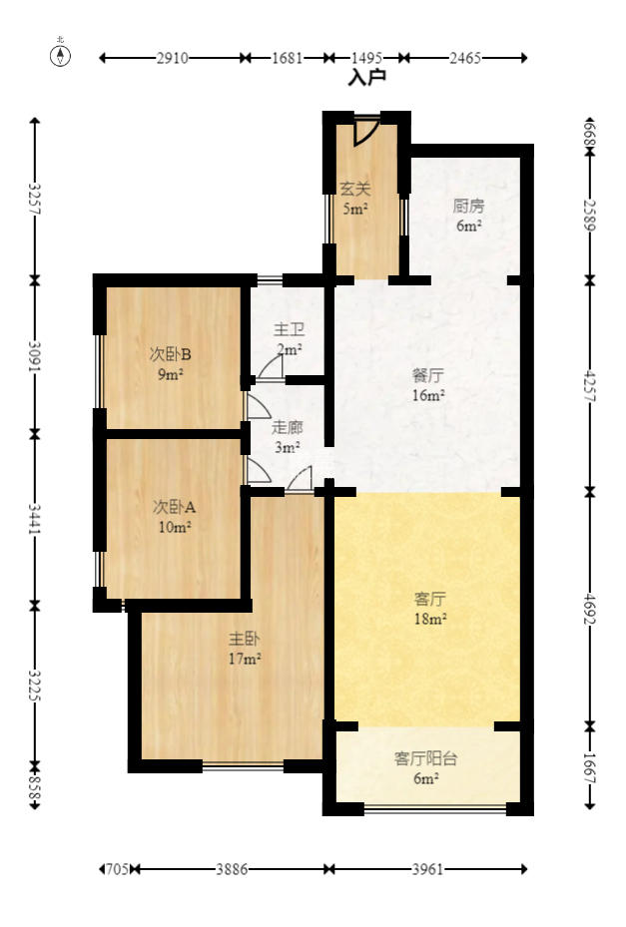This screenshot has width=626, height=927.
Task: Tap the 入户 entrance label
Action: [366, 77]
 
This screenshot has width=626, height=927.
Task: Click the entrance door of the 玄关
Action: [365, 131]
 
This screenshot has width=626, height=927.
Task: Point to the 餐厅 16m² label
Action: [428, 385]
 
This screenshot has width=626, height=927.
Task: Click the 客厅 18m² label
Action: [429, 608]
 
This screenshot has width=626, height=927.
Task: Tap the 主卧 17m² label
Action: [245, 648]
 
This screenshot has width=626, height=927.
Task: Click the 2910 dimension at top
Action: [172, 58]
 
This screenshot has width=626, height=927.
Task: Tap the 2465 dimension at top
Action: [465, 58]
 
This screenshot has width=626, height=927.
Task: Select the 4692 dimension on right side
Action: [589, 608]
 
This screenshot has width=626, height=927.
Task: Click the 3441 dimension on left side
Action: [35, 519]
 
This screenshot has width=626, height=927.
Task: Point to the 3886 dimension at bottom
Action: [233, 869]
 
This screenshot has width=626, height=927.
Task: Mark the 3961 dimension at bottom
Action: [427, 869]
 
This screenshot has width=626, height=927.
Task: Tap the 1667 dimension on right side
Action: [589, 767]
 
